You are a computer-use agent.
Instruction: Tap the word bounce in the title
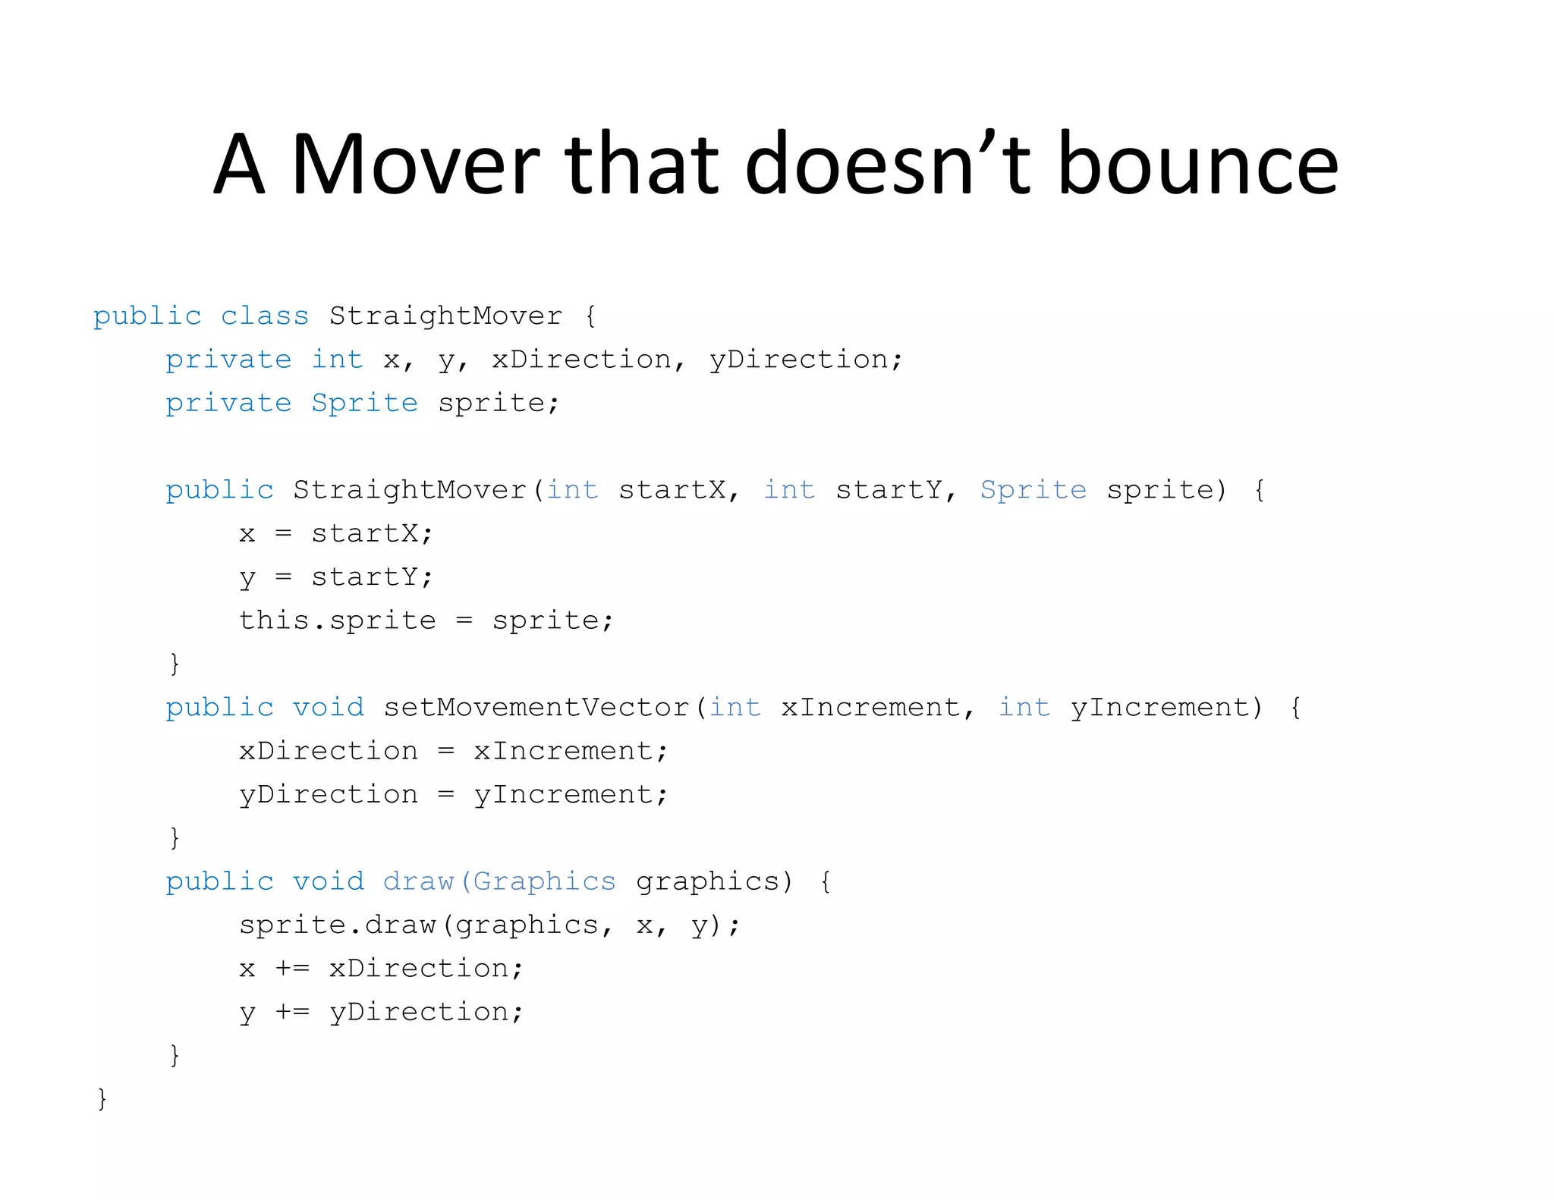[x=1198, y=165]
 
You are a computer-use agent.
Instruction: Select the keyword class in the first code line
[x=265, y=316]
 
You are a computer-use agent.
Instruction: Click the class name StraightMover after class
[x=445, y=316]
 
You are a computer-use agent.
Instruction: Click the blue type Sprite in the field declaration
[x=364, y=403]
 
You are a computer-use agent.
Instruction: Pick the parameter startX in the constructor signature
[x=672, y=490]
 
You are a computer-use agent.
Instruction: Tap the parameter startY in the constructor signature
[x=889, y=490]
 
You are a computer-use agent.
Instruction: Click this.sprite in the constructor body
[x=337, y=620]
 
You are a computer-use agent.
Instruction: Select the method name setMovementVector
[x=536, y=708]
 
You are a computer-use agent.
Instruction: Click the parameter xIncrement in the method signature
[x=870, y=708]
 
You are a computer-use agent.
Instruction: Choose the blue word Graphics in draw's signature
[x=544, y=881]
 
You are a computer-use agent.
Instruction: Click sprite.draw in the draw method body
[x=337, y=925]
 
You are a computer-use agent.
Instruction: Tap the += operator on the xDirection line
[x=292, y=969]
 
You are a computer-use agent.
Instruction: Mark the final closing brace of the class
[x=102, y=1098]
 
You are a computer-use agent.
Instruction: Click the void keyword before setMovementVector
[x=328, y=708]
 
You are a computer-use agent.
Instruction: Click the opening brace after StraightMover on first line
[x=590, y=316]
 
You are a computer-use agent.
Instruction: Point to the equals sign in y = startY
[x=283, y=577]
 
